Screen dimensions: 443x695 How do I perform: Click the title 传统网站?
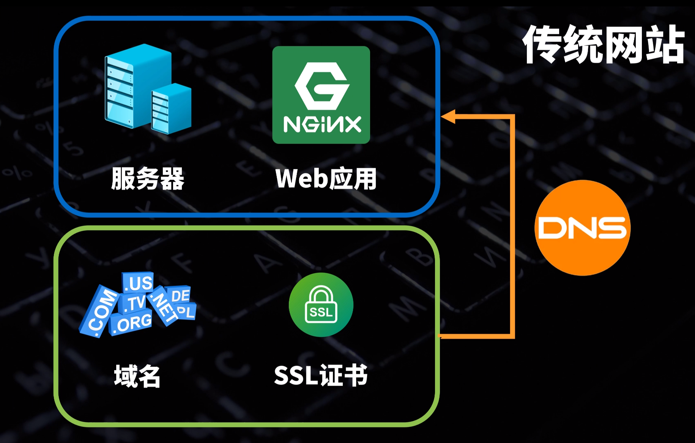[x=604, y=45]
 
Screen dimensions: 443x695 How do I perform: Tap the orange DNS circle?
[x=582, y=228]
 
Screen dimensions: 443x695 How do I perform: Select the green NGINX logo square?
[x=321, y=95]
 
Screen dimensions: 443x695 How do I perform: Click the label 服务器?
[x=148, y=179]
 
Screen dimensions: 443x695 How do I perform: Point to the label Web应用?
[x=326, y=179]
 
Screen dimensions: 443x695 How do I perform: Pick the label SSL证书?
[x=321, y=375]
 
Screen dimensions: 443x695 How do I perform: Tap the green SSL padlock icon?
[x=321, y=305]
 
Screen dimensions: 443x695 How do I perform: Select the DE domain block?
[x=180, y=295]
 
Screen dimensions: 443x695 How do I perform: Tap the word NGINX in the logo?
[x=322, y=124]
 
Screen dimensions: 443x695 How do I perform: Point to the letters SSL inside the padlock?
[x=321, y=312]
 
